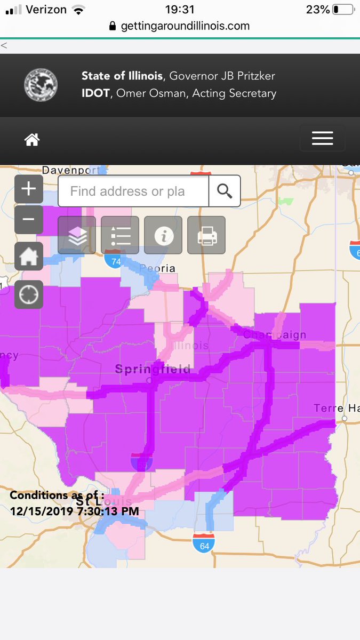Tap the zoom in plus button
(x=29, y=189)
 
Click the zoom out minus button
(x=29, y=219)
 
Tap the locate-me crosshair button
(x=29, y=294)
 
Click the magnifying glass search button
(x=225, y=191)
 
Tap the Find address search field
(x=133, y=191)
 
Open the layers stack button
(x=77, y=235)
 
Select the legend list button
(x=120, y=235)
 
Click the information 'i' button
(x=163, y=235)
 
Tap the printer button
(x=206, y=235)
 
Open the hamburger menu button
(x=322, y=139)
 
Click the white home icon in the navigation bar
(x=32, y=140)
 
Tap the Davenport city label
(x=71, y=170)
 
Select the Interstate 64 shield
(x=204, y=543)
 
